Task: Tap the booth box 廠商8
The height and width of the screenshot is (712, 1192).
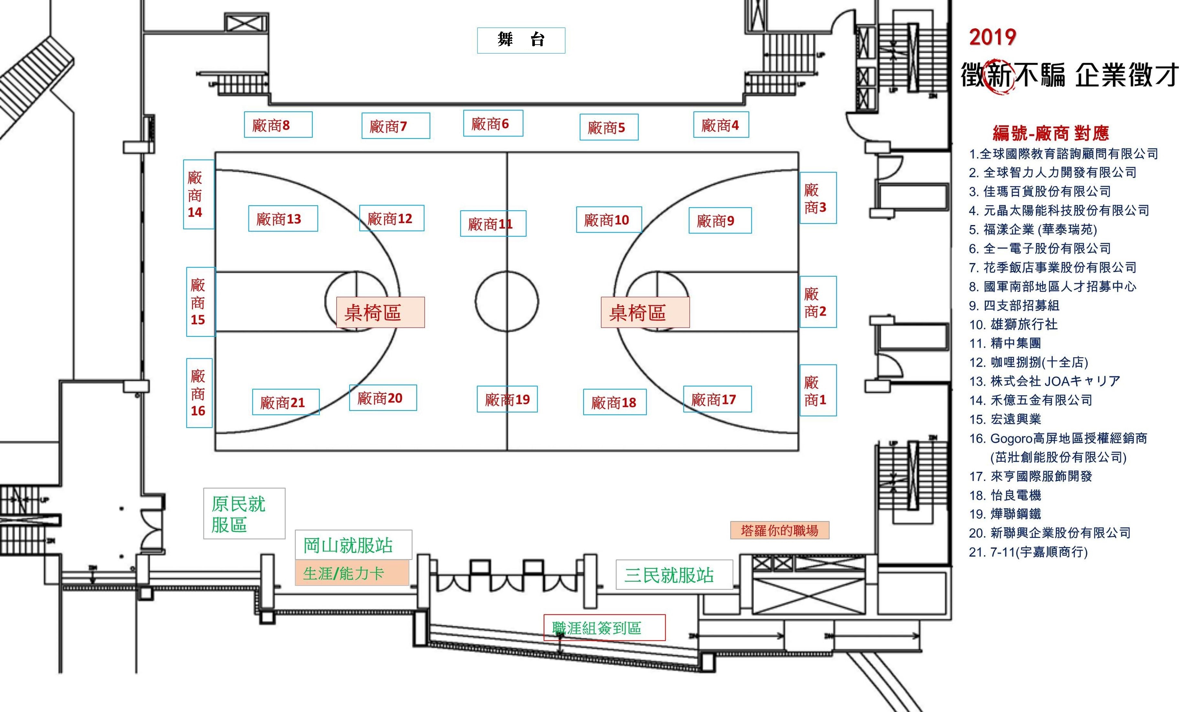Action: pos(278,125)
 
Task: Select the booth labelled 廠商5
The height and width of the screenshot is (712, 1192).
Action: pos(609,127)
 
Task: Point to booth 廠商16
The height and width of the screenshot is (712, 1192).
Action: pos(199,393)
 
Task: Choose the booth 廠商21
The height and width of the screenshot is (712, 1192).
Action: pos(286,402)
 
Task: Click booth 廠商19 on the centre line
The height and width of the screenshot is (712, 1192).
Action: pos(507,399)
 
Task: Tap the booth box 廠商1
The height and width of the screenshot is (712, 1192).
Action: pos(818,390)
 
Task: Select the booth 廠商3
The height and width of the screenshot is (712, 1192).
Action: pos(818,198)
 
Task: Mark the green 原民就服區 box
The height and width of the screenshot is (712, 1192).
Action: pos(244,513)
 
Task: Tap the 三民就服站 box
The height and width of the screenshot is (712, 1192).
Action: pos(674,574)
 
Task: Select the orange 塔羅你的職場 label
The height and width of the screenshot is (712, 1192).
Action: pos(780,530)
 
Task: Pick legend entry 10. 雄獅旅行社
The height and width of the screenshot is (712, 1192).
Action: pos(1013,324)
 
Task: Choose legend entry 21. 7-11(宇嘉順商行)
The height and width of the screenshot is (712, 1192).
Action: pos(1028,552)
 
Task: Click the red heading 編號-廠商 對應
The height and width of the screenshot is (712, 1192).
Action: pos(1051,133)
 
